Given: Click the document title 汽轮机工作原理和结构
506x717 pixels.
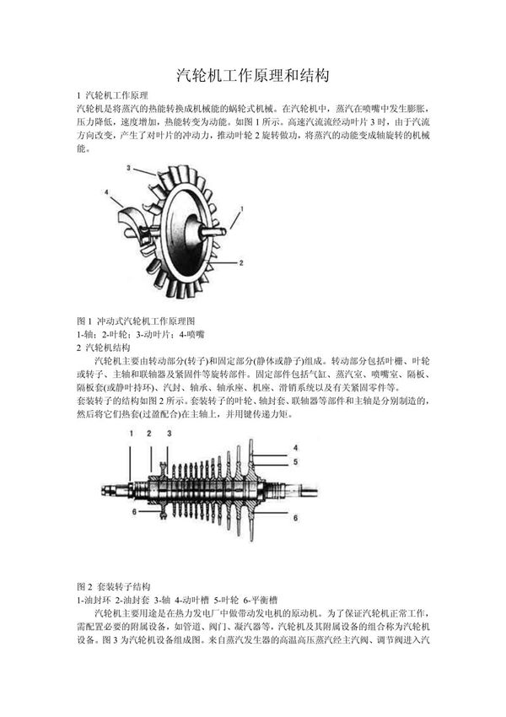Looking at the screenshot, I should (x=252, y=75).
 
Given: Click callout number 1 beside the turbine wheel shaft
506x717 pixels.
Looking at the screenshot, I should (x=242, y=208).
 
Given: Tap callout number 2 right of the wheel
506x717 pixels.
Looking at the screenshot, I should (x=241, y=263).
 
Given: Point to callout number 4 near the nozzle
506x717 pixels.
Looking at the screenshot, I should (x=107, y=192).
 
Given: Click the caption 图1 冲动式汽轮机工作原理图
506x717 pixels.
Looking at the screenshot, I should (x=136, y=321).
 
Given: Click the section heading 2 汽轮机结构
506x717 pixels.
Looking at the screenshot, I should (x=104, y=347).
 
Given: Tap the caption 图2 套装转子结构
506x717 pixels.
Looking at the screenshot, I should (x=113, y=585).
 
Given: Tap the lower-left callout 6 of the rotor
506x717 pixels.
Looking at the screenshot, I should (x=133, y=509).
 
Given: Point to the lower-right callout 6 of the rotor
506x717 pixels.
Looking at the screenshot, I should (x=294, y=517).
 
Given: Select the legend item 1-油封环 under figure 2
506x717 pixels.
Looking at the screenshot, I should (x=94, y=598).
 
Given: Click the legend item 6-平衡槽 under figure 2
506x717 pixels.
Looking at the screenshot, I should (x=266, y=598).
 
